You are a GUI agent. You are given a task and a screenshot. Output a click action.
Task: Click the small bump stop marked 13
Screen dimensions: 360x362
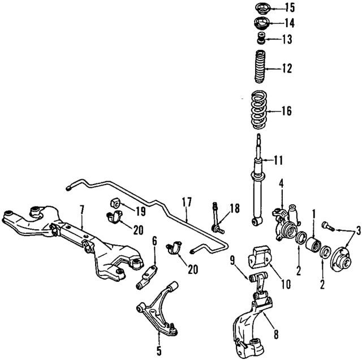[261, 39]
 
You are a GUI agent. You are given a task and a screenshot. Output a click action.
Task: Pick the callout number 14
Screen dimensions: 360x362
[290, 23]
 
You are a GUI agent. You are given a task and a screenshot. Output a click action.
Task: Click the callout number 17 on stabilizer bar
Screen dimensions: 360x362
[187, 202]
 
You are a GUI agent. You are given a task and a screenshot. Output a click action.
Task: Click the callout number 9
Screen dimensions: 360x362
[232, 261]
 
